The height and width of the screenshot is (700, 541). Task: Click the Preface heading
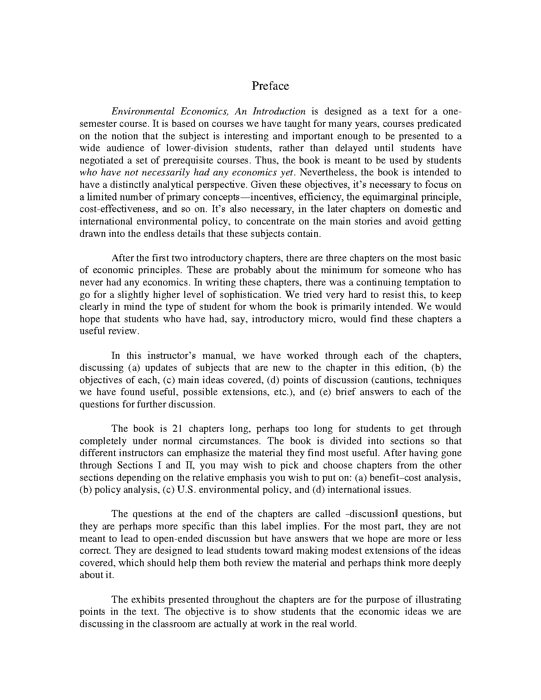pos(270,86)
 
